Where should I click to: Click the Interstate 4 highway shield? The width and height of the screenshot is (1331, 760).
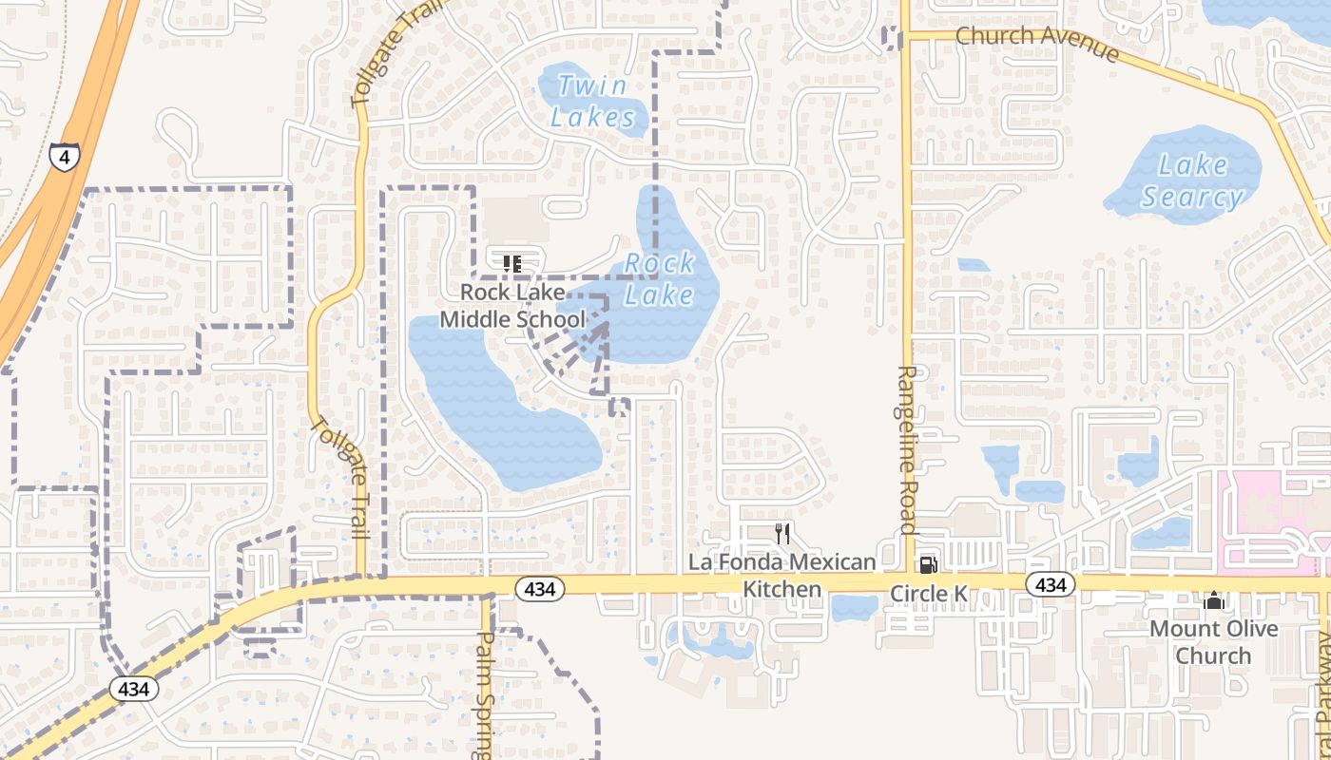(x=64, y=157)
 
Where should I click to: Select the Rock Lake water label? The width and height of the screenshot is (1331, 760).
(x=660, y=278)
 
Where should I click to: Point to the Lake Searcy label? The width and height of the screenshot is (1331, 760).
(x=1192, y=180)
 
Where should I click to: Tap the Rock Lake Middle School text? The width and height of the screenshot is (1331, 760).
(x=512, y=306)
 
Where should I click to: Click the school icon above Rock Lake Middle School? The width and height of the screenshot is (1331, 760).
(x=512, y=263)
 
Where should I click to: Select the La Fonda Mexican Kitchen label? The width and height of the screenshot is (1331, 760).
(x=781, y=575)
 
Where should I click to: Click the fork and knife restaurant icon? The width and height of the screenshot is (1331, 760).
(x=782, y=533)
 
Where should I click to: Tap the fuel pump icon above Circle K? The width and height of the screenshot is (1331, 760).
(x=928, y=565)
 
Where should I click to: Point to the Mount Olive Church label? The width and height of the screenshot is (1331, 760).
(x=1213, y=642)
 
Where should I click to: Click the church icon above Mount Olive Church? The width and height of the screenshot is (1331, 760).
(x=1213, y=600)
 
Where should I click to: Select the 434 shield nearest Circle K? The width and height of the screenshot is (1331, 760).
(x=1051, y=584)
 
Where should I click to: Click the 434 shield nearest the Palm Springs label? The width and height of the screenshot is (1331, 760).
(x=540, y=589)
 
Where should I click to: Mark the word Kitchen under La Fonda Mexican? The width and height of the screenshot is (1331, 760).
(x=781, y=589)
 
